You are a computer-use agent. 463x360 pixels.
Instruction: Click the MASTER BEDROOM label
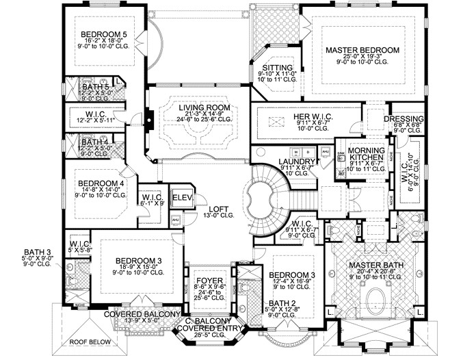[x=362, y=51]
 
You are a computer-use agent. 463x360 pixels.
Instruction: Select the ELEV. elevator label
[x=183, y=199]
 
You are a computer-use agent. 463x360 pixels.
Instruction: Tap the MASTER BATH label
[x=374, y=265]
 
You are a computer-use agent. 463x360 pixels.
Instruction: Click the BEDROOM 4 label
[x=101, y=183]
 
